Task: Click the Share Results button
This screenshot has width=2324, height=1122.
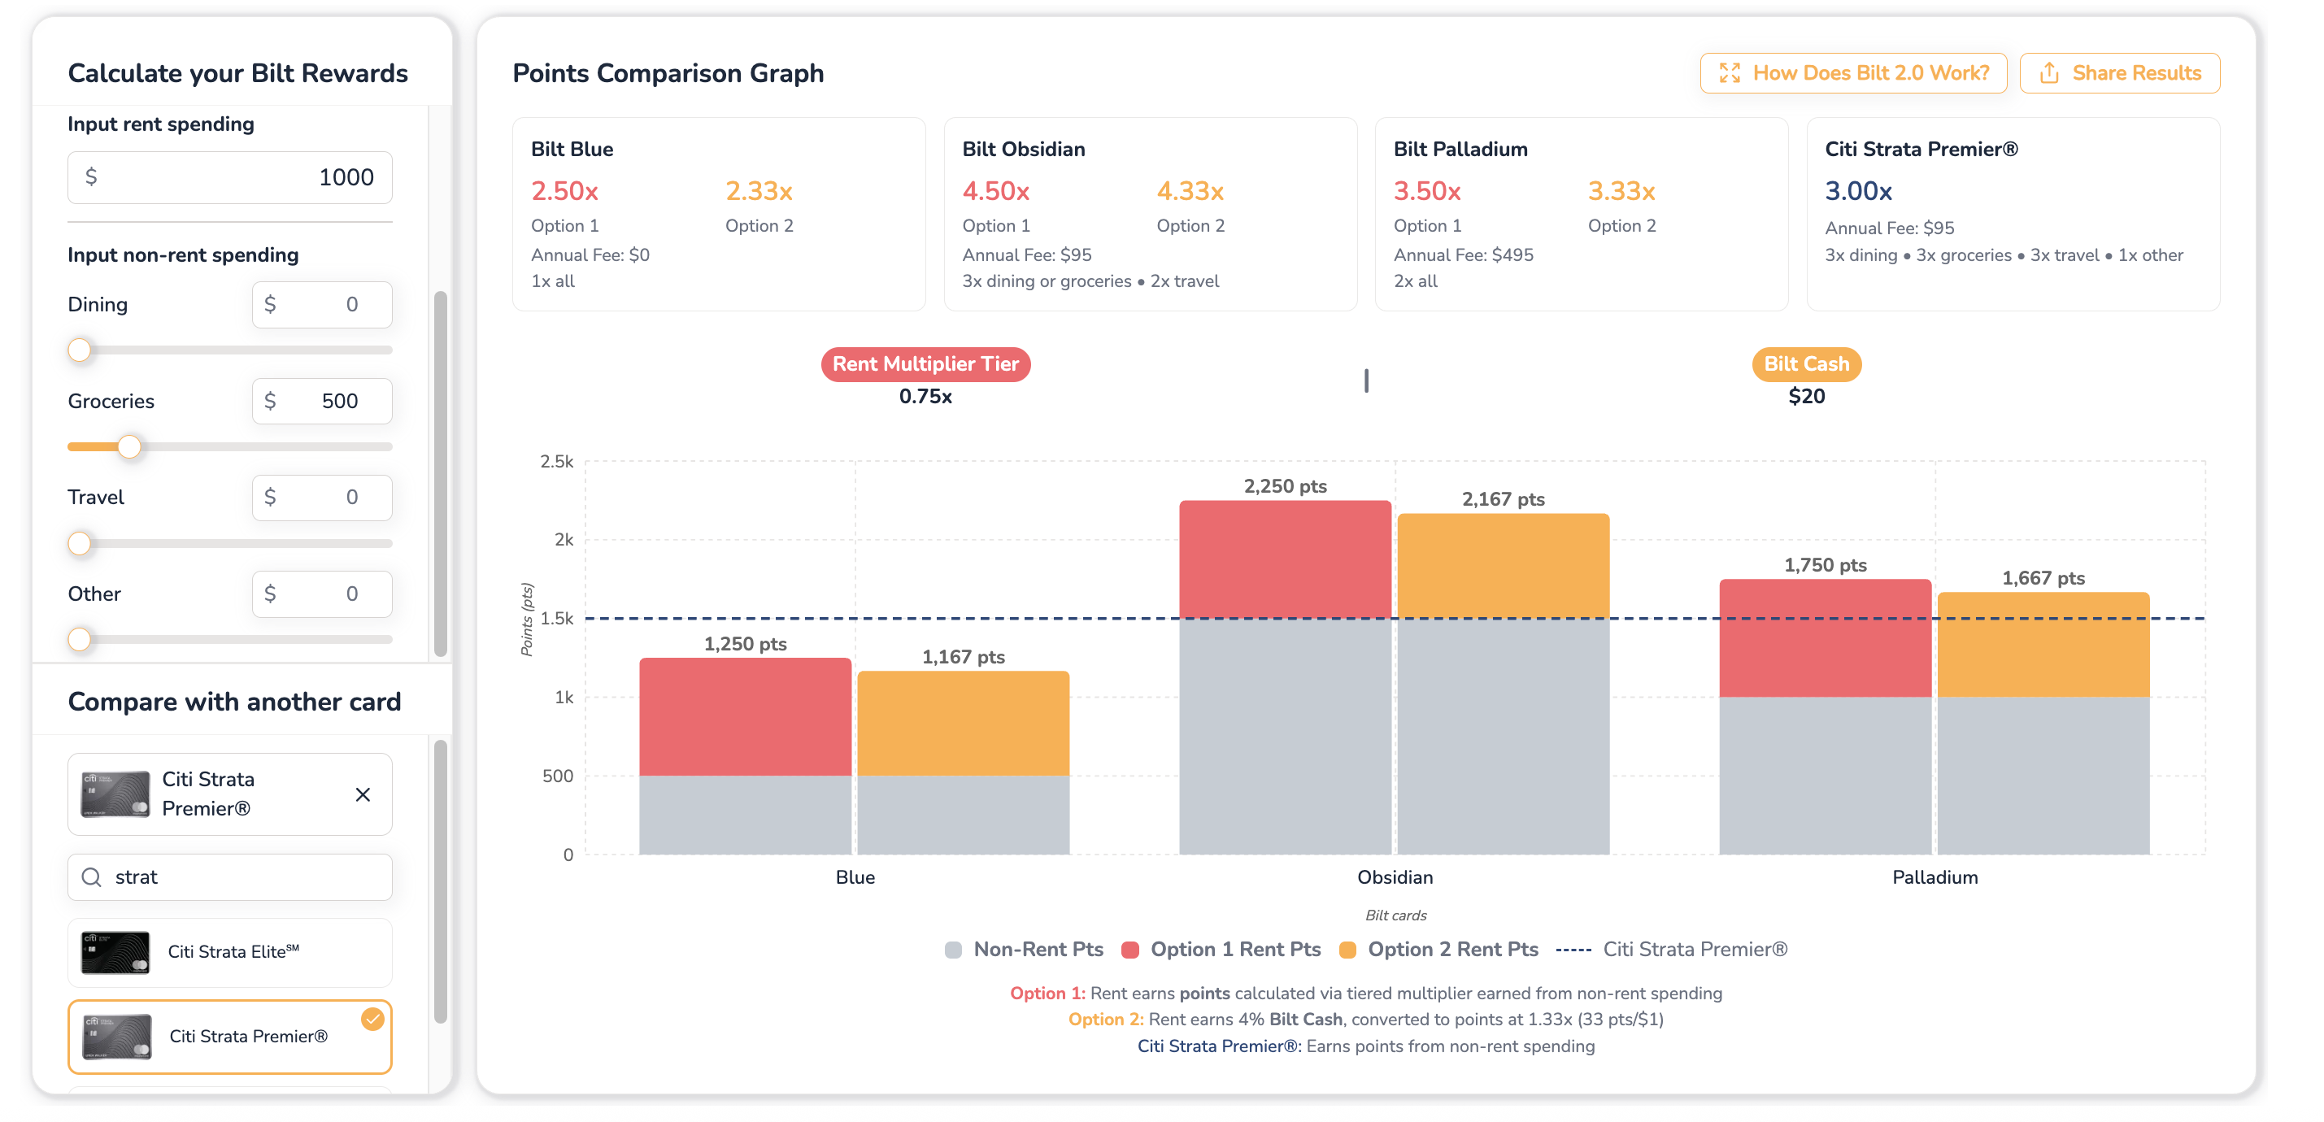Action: coord(2119,73)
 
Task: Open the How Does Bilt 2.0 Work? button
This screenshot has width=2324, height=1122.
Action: coord(1853,73)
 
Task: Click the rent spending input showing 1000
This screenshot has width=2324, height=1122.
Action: coord(230,176)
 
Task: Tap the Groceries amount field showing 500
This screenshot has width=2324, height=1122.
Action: coord(322,401)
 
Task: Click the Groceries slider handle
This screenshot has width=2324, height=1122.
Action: coord(130,446)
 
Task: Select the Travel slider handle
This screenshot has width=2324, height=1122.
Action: coord(80,543)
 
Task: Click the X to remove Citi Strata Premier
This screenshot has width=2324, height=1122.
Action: coord(363,794)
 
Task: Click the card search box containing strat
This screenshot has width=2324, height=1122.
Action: coord(230,876)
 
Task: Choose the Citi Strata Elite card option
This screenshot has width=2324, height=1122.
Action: coord(230,952)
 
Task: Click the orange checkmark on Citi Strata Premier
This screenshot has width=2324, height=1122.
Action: coord(372,1020)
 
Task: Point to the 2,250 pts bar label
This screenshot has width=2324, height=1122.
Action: coord(1285,486)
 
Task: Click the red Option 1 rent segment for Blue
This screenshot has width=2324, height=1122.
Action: coord(745,717)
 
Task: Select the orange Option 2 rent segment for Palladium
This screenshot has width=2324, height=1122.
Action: coord(2043,645)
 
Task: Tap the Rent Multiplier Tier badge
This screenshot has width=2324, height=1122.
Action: coord(925,364)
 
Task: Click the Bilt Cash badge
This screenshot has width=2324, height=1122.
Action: coord(1806,364)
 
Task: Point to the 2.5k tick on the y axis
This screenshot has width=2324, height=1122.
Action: coord(557,462)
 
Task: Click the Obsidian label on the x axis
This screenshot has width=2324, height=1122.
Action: coord(1395,877)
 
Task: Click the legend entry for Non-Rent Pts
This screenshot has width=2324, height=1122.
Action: coord(1024,950)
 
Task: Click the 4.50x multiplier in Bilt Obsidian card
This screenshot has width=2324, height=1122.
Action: coord(996,191)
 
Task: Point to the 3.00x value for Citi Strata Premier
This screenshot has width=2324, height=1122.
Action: coord(1859,191)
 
